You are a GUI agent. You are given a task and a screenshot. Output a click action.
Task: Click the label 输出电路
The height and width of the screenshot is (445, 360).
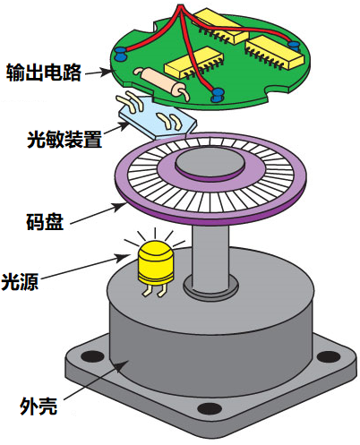pyautogui.click(x=44, y=72)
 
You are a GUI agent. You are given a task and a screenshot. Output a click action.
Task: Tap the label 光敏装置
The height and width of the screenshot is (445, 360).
pyautogui.click(x=64, y=139)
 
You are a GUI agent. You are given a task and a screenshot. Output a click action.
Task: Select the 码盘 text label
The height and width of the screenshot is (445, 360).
pyautogui.click(x=45, y=221)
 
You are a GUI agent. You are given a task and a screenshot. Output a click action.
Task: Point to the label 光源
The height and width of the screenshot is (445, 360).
pyautogui.click(x=20, y=281)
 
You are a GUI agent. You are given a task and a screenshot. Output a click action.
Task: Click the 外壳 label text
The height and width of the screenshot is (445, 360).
pyautogui.click(x=39, y=406)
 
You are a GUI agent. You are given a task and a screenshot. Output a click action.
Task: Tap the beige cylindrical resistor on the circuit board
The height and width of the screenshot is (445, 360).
pyautogui.click(x=160, y=81)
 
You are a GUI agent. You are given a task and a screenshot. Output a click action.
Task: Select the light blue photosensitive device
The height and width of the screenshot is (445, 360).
pyautogui.click(x=158, y=117)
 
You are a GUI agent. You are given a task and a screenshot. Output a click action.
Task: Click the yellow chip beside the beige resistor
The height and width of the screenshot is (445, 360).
pyautogui.click(x=193, y=62)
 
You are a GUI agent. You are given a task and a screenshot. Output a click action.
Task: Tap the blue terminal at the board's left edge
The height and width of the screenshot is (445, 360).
pyautogui.click(x=120, y=54)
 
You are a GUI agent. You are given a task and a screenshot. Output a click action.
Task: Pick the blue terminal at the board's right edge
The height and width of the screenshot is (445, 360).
pyautogui.click(x=294, y=47)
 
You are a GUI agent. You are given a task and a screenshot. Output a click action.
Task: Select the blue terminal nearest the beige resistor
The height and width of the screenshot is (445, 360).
pyautogui.click(x=218, y=95)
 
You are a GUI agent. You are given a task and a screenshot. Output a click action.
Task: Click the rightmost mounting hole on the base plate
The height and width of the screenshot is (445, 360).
pyautogui.click(x=329, y=356)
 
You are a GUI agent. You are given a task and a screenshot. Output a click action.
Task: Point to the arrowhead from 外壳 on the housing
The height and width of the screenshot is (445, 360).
pyautogui.click(x=122, y=366)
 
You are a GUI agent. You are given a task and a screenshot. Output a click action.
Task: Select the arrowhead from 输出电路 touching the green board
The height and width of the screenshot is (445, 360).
pyautogui.click(x=107, y=72)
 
